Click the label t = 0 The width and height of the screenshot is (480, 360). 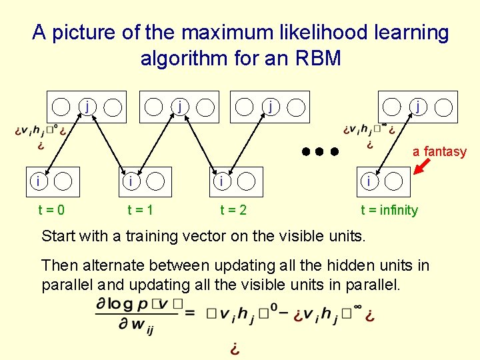click(51, 210)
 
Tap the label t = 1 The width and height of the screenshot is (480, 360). click(141, 210)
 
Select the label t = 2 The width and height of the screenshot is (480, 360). click(233, 210)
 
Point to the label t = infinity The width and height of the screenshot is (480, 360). click(389, 210)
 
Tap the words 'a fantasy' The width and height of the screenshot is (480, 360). click(439, 151)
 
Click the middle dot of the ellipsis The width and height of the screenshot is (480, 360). click(319, 151)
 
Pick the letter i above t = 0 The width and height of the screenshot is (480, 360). click(41, 181)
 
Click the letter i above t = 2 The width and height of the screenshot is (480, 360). click(221, 181)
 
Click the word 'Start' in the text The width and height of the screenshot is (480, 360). click(58, 235)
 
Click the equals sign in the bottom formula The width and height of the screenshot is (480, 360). click(190, 312)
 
